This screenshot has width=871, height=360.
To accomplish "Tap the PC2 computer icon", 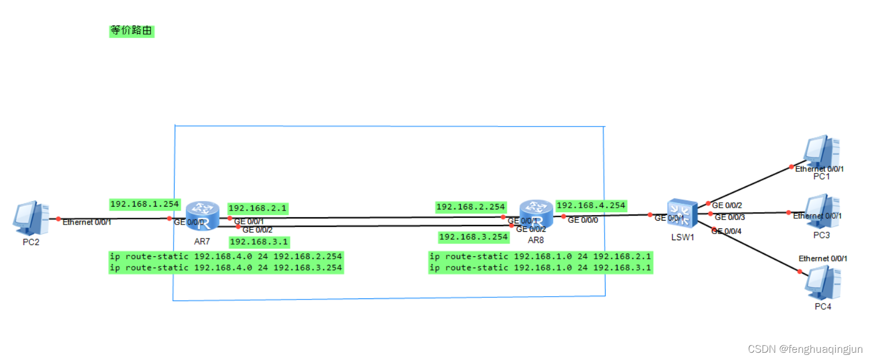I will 27,219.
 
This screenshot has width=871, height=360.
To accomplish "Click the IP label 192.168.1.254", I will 144,204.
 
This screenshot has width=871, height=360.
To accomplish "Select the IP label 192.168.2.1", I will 257,208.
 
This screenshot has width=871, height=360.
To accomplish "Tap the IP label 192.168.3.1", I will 260,242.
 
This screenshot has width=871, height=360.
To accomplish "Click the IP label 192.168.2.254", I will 471,207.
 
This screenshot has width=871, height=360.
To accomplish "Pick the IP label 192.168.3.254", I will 474,237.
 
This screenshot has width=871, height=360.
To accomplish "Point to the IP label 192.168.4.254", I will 591,205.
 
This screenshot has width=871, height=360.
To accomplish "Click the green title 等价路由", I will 131,31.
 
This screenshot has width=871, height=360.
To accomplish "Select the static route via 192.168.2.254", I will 226,256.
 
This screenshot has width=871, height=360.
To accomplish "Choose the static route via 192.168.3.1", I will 541,268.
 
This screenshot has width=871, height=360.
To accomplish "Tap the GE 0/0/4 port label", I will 727,231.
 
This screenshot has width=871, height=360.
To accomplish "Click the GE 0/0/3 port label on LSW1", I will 729,217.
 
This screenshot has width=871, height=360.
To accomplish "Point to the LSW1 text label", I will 682,237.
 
